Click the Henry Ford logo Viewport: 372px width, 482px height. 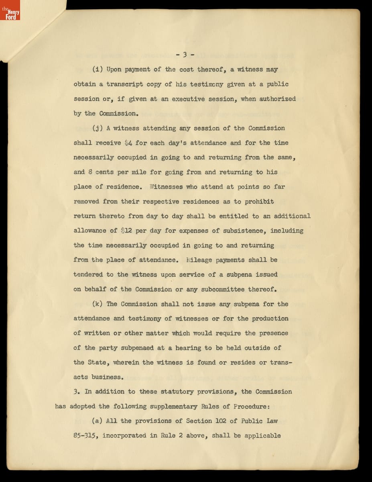(10, 11)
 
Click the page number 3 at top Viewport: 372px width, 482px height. (185, 55)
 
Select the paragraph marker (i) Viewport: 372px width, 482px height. (98, 69)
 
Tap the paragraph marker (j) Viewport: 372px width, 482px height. (98, 128)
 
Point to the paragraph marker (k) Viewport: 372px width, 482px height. (98, 304)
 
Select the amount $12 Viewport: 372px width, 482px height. (128, 231)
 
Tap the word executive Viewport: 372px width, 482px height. (190, 99)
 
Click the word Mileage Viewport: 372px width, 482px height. (199, 260)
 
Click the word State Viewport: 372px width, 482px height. (97, 362)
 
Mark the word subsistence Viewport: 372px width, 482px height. (243, 231)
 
